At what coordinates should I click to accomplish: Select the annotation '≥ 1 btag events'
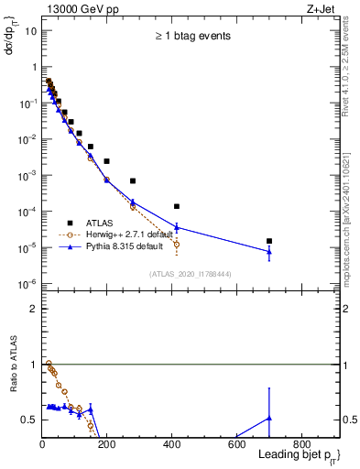click(191, 37)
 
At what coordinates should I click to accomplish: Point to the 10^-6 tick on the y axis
click(27, 283)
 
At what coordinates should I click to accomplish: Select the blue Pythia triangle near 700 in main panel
click(268, 251)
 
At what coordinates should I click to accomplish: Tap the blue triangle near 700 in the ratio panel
click(268, 419)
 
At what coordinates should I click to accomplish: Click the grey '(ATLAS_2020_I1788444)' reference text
click(191, 274)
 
